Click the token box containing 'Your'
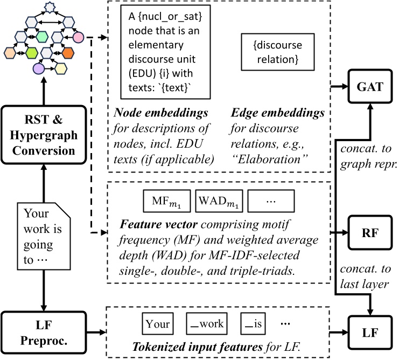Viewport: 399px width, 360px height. [x=158, y=324]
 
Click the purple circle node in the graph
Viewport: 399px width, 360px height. [x=38, y=68]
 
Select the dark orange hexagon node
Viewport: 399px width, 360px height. [x=68, y=53]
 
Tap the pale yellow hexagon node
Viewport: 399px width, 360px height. [x=61, y=68]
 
